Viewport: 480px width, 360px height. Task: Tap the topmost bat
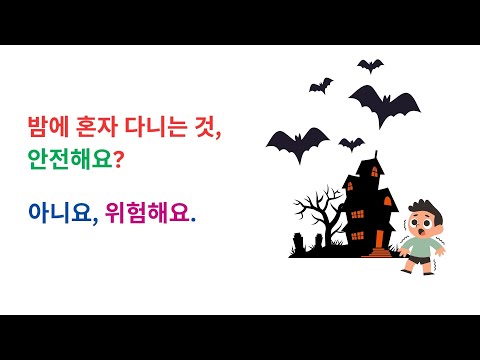[x=370, y=66]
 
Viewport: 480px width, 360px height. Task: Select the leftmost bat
[x=297, y=142]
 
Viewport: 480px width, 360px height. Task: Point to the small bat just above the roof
[x=350, y=143]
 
